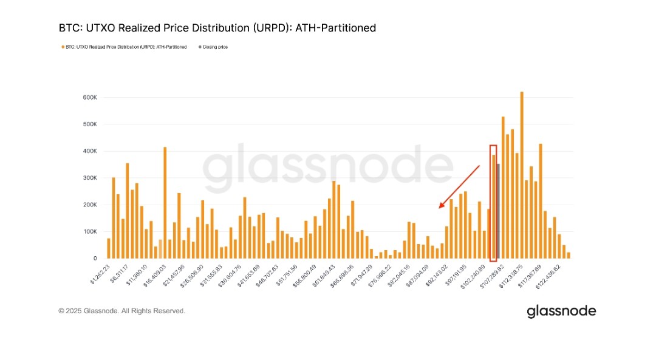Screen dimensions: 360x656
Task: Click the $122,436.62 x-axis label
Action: click(547, 274)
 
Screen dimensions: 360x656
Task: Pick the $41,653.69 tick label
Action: click(248, 274)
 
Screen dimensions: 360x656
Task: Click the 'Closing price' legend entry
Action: click(215, 47)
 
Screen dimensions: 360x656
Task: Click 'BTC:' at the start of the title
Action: click(68, 28)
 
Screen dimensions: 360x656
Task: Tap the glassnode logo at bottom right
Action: click(561, 311)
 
